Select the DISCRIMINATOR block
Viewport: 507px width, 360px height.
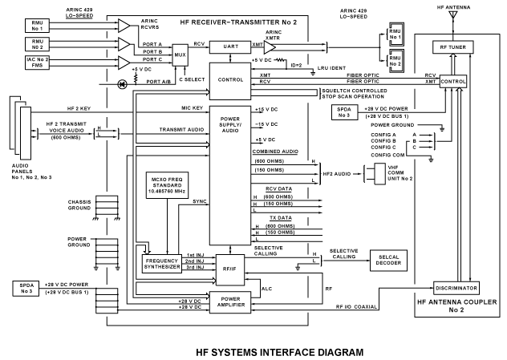454,286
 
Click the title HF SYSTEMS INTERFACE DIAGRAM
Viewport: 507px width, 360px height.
253,351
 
